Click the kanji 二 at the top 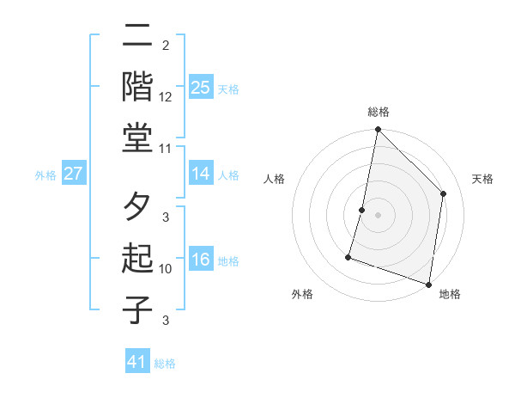coord(138,37)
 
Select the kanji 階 coord(138,86)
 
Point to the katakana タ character coord(138,209)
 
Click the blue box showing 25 coord(200,87)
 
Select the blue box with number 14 coord(200,174)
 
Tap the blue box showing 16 coord(200,260)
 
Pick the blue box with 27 coord(73,174)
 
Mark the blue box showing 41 coord(137,362)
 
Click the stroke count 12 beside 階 coord(166,97)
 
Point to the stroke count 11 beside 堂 coord(166,149)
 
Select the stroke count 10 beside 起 coord(166,269)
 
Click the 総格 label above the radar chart coord(379,112)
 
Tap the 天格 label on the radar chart coord(482,179)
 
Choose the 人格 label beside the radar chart coord(274,179)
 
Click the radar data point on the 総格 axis coord(378,131)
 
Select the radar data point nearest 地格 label coord(428,284)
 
